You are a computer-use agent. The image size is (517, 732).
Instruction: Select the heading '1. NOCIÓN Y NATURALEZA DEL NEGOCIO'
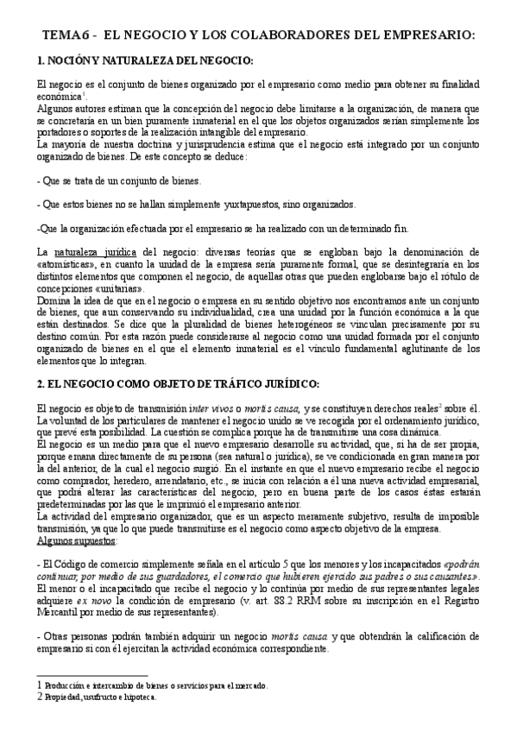[x=145, y=61]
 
